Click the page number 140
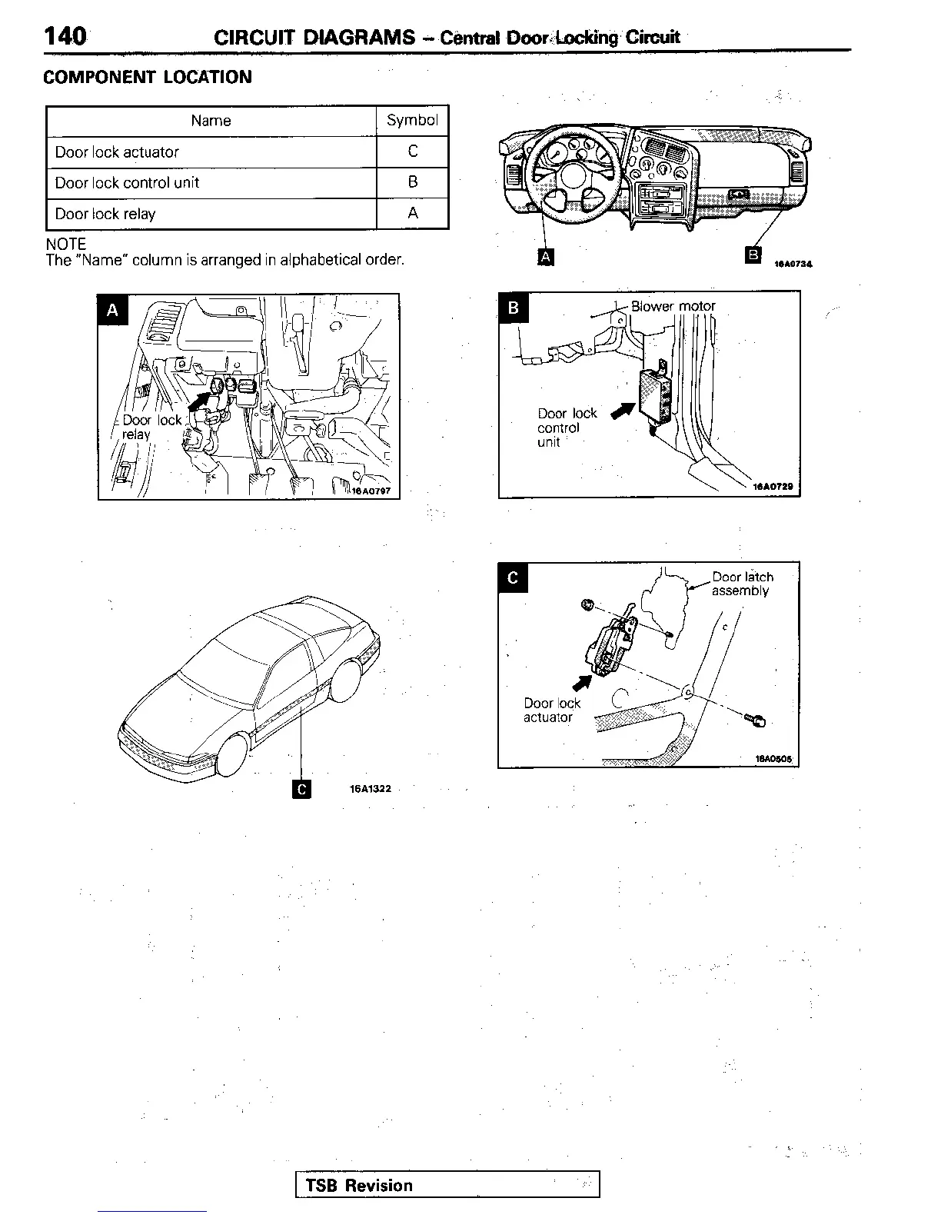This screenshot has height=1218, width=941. click(x=65, y=36)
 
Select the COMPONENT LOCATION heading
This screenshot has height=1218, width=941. click(x=148, y=77)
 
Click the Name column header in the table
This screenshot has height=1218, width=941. click(x=211, y=121)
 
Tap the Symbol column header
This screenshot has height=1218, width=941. click(x=412, y=120)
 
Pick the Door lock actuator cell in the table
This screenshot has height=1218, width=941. click(x=117, y=152)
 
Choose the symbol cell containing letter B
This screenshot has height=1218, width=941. click(x=413, y=182)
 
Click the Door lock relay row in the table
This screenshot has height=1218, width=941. click(x=105, y=214)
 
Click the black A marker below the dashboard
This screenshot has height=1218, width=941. click(x=545, y=257)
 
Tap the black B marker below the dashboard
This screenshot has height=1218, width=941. click(x=753, y=255)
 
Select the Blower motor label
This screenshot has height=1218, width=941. click(x=673, y=306)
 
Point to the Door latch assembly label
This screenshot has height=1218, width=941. click(x=741, y=584)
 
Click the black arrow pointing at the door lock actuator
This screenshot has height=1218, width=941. click(x=582, y=681)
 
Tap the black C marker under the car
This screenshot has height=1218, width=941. click(x=302, y=789)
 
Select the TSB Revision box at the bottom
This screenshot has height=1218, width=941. click(x=447, y=1185)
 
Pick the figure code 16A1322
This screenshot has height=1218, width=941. click(x=370, y=789)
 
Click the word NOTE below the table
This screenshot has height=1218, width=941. click(x=66, y=244)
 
